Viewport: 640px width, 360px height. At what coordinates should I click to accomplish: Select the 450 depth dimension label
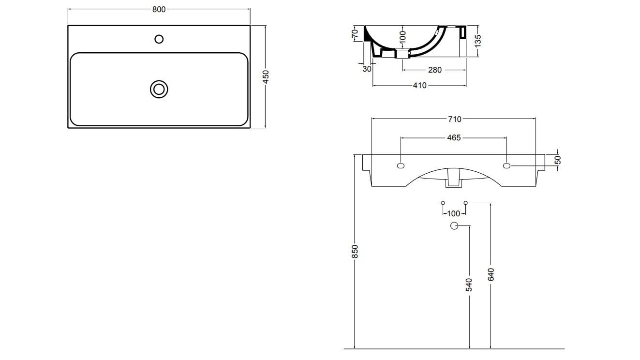(266, 77)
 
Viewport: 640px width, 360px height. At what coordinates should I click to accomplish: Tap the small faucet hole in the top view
(159, 39)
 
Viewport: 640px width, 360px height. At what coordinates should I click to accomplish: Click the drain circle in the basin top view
(159, 89)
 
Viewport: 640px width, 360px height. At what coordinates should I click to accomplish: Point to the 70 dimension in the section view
(355, 34)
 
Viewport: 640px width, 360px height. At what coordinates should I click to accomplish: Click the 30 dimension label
(366, 69)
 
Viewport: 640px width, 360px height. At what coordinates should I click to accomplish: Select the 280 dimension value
(434, 70)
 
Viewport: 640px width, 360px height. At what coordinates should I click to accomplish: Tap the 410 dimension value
(419, 85)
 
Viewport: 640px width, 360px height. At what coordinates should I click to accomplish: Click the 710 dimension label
(454, 119)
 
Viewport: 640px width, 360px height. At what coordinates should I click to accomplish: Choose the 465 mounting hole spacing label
(453, 138)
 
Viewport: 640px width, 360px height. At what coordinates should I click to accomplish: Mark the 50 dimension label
(557, 160)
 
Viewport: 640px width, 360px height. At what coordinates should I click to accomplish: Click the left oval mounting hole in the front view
(401, 166)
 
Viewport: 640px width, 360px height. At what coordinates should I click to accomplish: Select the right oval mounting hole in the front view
(506, 166)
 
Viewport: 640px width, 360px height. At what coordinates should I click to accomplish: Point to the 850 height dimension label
(355, 251)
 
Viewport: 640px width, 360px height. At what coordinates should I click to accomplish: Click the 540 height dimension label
(469, 285)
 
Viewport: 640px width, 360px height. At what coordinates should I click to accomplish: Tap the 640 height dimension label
(491, 274)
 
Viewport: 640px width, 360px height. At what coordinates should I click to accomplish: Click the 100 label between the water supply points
(454, 213)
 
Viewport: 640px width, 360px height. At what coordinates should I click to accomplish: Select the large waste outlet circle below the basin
(454, 225)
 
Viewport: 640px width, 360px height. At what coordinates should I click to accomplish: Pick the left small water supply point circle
(443, 202)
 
